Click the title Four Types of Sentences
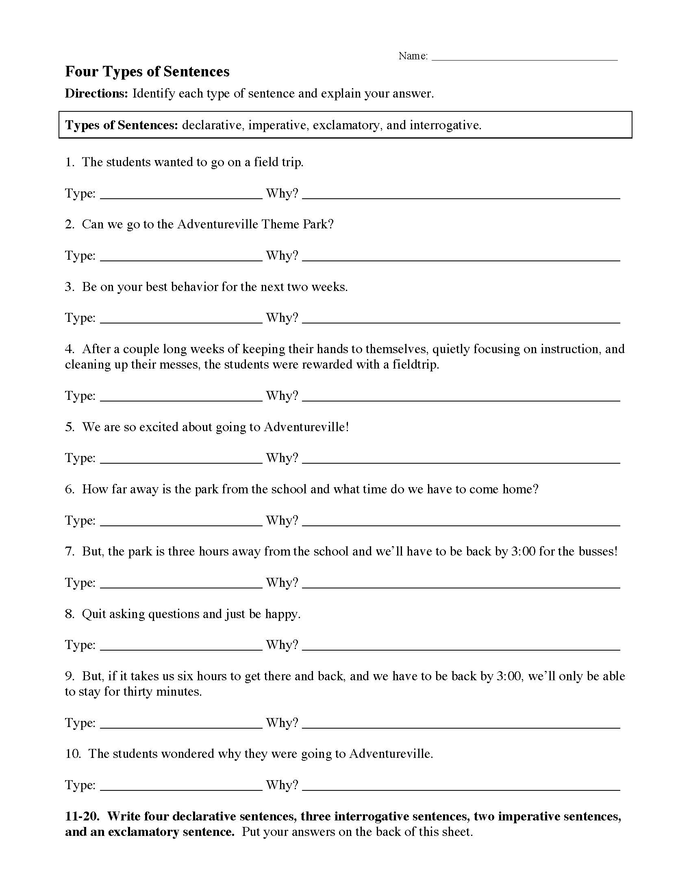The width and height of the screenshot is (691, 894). pyautogui.click(x=147, y=72)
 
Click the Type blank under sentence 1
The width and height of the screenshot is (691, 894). pyautogui.click(x=181, y=196)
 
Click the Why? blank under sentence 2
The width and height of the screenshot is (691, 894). pyautogui.click(x=461, y=258)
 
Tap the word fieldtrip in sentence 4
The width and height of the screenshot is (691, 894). pyautogui.click(x=414, y=365)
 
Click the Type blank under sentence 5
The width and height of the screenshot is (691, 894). pyautogui.click(x=181, y=460)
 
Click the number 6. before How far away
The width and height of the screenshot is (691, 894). pyautogui.click(x=70, y=490)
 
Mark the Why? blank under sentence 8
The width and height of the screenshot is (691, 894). pyautogui.click(x=461, y=647)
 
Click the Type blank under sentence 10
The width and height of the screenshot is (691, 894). pyautogui.click(x=181, y=787)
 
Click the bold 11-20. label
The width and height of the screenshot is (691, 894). pyautogui.click(x=82, y=817)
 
